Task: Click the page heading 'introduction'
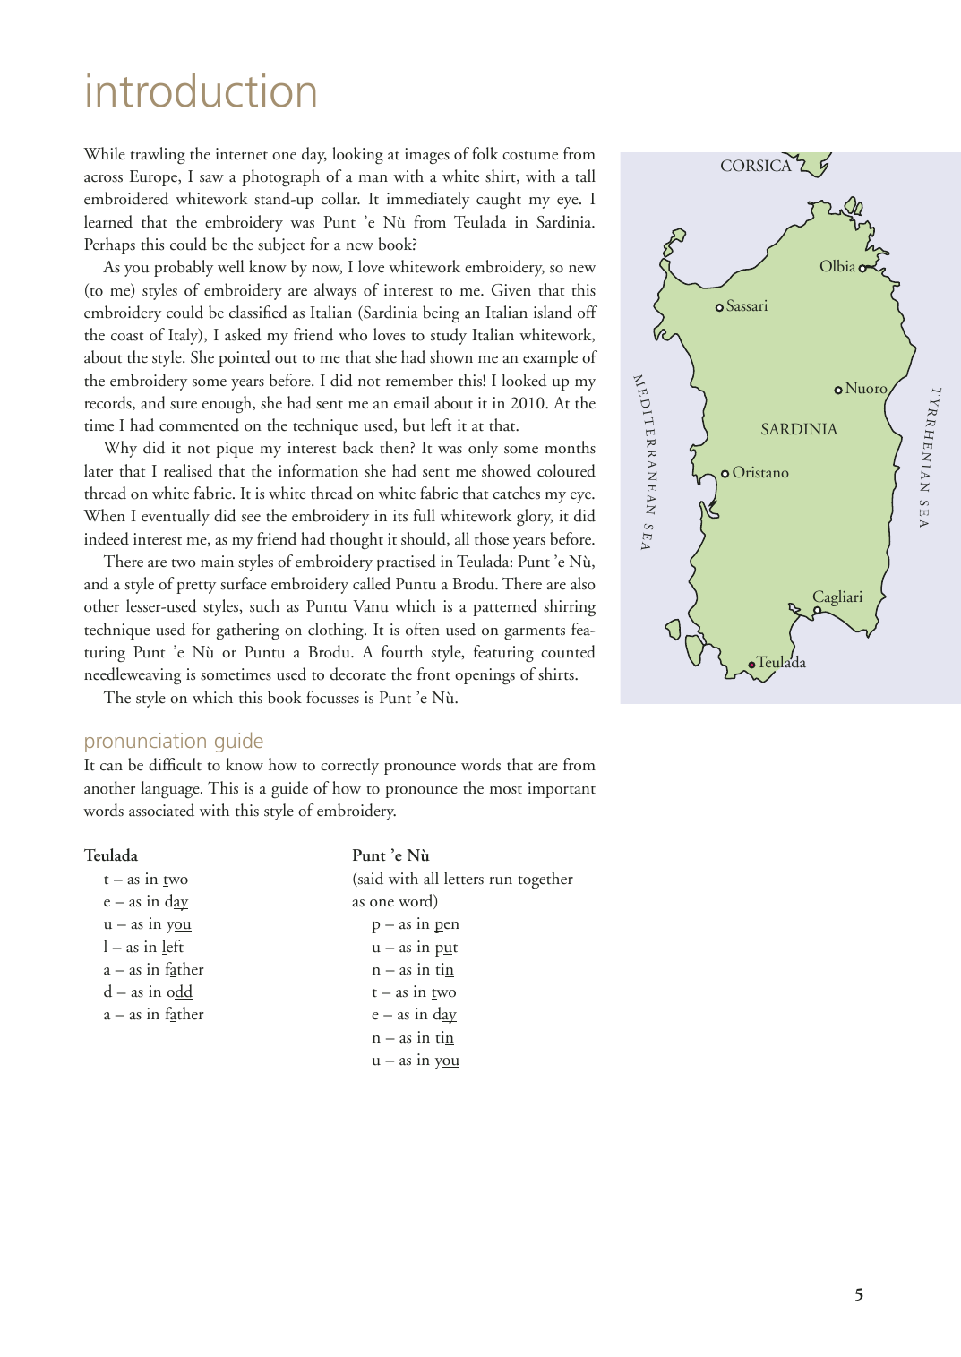pyautogui.click(x=201, y=92)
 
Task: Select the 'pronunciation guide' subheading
pyautogui.click(x=174, y=741)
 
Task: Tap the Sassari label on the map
pyautogui.click(x=746, y=306)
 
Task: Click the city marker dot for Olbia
pyautogui.click(x=862, y=268)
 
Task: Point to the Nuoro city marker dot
pyautogui.click(x=838, y=390)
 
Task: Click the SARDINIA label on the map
pyautogui.click(x=799, y=429)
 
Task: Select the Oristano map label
pyautogui.click(x=759, y=473)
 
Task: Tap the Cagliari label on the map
pyautogui.click(x=837, y=597)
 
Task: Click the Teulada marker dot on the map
pyautogui.click(x=752, y=665)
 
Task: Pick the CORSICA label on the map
pyautogui.click(x=755, y=166)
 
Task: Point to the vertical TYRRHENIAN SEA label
pyautogui.click(x=930, y=457)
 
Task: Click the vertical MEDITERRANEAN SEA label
pyautogui.click(x=645, y=461)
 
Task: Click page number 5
pyautogui.click(x=859, y=1294)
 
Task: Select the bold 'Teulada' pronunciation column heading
pyautogui.click(x=111, y=855)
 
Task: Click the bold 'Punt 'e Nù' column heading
pyautogui.click(x=390, y=855)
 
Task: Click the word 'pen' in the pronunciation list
pyautogui.click(x=447, y=924)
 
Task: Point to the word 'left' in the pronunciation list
pyautogui.click(x=173, y=947)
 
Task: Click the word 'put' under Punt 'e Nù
pyautogui.click(x=446, y=948)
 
